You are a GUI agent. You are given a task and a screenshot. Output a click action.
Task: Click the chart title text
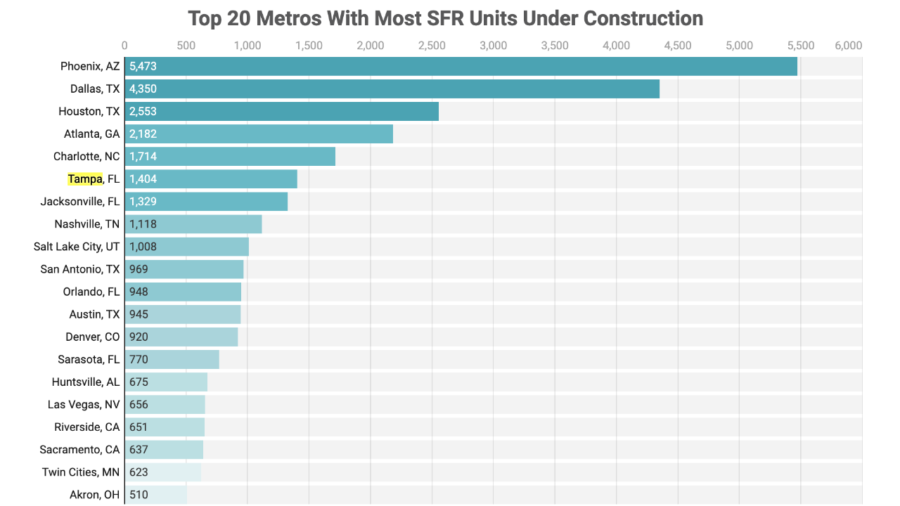[445, 18]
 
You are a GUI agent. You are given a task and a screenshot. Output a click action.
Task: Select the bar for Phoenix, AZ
[461, 66]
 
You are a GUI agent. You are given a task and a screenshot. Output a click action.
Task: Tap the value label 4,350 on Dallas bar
[143, 89]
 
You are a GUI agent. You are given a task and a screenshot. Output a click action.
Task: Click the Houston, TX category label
[89, 111]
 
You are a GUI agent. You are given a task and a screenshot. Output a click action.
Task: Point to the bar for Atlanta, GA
[259, 134]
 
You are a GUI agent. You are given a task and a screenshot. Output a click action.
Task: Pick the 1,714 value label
[143, 156]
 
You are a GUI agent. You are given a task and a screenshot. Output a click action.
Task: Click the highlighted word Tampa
[85, 179]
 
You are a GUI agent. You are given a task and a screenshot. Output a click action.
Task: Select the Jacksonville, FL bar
[206, 201]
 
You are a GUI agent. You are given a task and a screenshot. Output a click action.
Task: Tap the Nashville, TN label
[87, 224]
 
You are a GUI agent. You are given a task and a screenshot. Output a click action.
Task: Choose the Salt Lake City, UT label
[77, 247]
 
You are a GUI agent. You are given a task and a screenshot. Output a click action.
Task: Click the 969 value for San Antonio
[139, 269]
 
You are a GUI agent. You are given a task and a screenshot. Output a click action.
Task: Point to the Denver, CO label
[93, 337]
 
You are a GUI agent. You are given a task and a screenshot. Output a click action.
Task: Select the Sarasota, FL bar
[172, 359]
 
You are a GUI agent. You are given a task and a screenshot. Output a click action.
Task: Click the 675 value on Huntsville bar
[139, 382]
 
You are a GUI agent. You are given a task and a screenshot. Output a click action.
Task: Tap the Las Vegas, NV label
[84, 404]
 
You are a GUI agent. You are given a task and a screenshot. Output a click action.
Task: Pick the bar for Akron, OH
[156, 495]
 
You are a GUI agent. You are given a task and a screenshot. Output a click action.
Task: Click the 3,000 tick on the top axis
[493, 46]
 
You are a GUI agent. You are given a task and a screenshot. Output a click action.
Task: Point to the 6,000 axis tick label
[848, 46]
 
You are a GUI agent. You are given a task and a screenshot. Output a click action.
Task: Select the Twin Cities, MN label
[81, 472]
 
